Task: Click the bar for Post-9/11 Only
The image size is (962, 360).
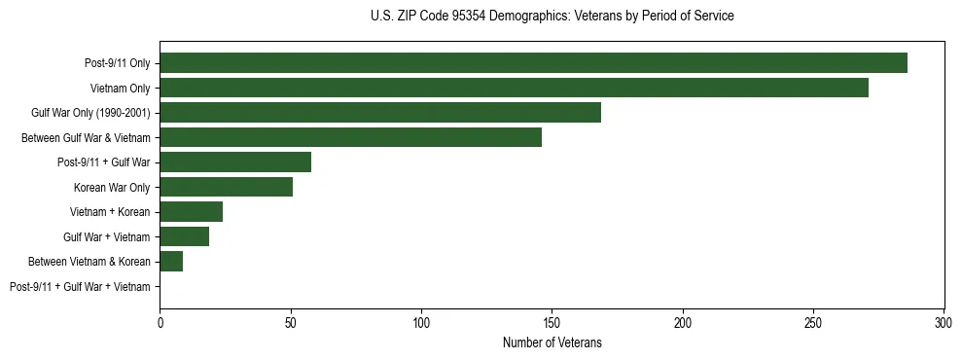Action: point(533,63)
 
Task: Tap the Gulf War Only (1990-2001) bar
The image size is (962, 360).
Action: point(380,113)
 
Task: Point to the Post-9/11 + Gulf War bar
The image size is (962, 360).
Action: point(235,162)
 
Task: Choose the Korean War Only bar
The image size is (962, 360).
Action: point(226,187)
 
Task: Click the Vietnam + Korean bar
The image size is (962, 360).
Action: point(191,212)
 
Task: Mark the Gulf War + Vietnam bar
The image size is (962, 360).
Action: point(184,236)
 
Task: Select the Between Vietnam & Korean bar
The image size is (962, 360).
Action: point(171,262)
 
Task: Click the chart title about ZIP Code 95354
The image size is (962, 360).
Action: point(552,17)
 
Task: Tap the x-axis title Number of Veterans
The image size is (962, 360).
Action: point(552,342)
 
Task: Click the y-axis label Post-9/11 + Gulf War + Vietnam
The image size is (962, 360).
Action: point(80,287)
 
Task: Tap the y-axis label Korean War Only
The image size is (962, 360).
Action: point(112,187)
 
